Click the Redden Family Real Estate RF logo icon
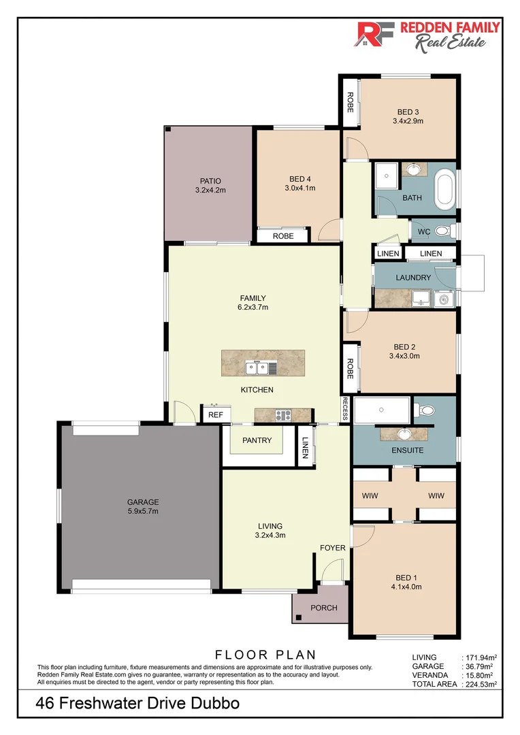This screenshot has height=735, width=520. pos(373,34)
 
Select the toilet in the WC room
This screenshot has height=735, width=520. pos(443,231)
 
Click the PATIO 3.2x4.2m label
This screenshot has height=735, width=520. pos(210,186)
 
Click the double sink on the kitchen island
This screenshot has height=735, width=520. pos(257,368)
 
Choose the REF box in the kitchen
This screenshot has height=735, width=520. pos(216,414)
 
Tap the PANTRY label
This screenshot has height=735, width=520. pos(257,440)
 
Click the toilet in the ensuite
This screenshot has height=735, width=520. pos(427,410)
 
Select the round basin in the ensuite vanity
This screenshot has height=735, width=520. pos(404,434)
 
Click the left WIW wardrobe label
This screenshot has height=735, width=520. pos(370,495)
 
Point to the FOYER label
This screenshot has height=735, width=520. pos(333,548)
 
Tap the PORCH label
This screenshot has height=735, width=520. pos(323,608)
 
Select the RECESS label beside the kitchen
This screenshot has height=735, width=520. pos(346,409)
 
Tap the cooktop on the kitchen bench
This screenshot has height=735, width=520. pos(283,415)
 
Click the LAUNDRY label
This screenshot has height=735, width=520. pos(412,278)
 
